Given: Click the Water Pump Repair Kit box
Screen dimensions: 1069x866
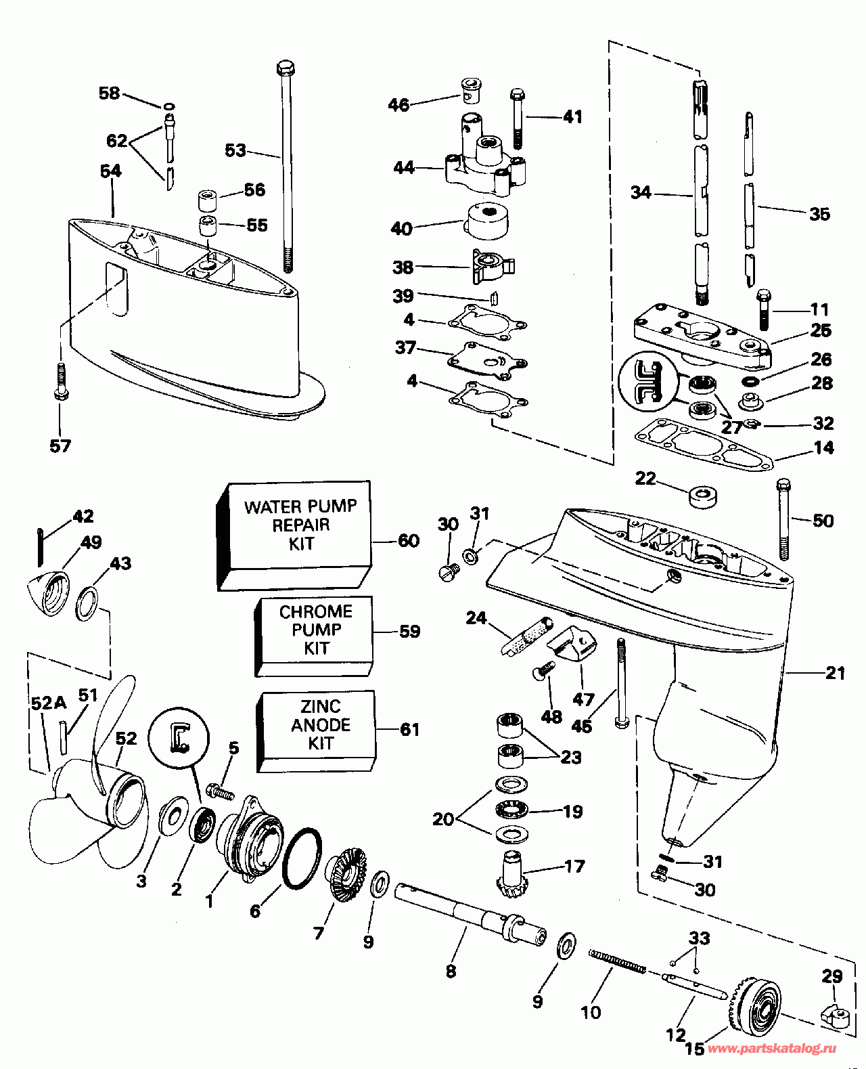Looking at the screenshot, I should [298, 535].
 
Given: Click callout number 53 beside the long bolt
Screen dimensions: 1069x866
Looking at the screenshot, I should [235, 150].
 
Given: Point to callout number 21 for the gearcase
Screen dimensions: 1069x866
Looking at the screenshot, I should [836, 673].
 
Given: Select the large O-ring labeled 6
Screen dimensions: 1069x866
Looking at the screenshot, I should [300, 858].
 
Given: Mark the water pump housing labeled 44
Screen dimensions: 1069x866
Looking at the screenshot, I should [485, 166].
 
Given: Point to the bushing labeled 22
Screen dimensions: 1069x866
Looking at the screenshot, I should [703, 496].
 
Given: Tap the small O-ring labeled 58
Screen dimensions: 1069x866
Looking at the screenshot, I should [168, 106].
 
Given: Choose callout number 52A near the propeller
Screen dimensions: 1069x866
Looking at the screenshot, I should [48, 703].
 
